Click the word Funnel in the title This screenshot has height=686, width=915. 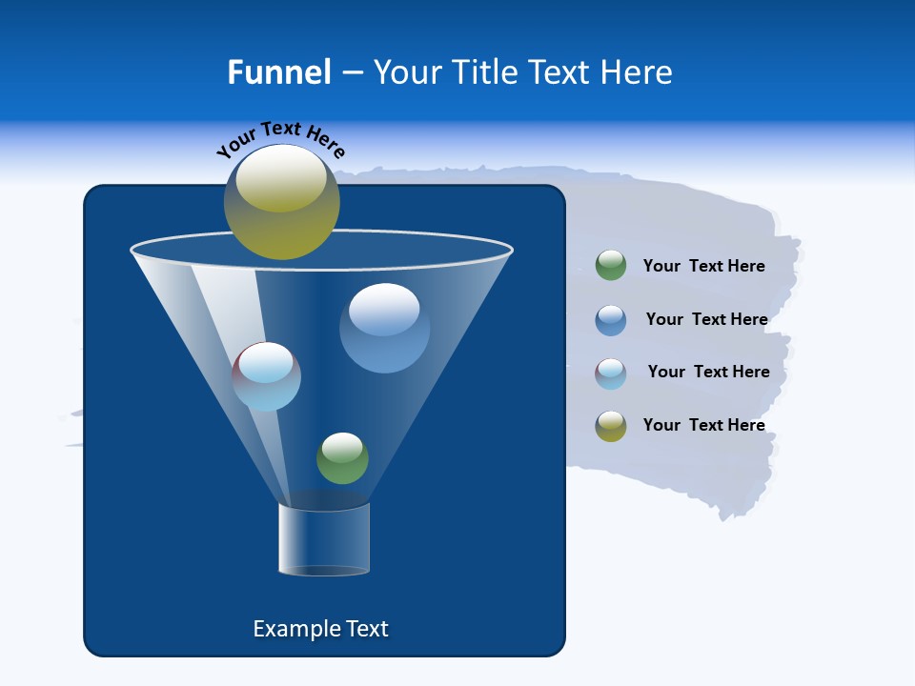(x=278, y=72)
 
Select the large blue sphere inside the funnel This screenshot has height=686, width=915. (x=384, y=328)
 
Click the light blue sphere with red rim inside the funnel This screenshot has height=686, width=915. (x=267, y=376)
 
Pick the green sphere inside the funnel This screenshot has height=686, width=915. (x=342, y=458)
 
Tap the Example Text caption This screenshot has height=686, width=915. (x=320, y=629)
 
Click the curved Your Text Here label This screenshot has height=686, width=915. (x=281, y=139)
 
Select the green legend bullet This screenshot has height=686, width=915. (x=611, y=266)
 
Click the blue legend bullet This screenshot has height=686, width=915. (x=611, y=320)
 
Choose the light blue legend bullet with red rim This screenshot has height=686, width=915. (x=611, y=373)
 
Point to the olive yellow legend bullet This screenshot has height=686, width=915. (x=611, y=426)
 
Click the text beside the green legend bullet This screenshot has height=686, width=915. (x=703, y=266)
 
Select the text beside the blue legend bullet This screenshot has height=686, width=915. (x=706, y=319)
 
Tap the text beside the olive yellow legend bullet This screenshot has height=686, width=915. (x=703, y=425)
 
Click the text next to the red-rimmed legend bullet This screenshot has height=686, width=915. (x=708, y=372)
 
